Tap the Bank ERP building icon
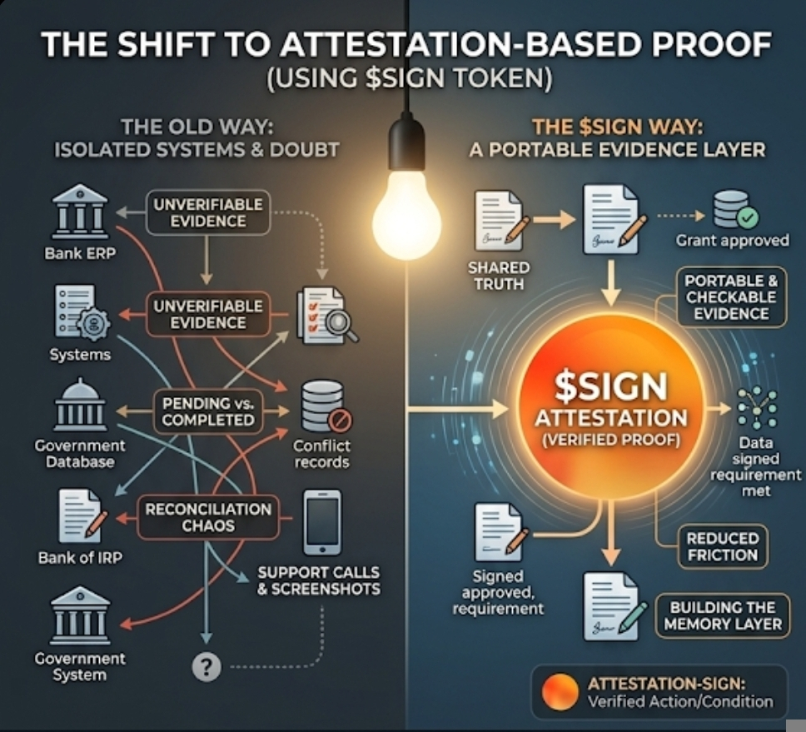coord(79,212)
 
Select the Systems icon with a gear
coord(79,312)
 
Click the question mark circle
coord(206,665)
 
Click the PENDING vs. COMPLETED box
coord(207,411)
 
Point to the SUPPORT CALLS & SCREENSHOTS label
coord(318,581)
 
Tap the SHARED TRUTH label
coord(499,276)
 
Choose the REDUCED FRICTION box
coord(722,546)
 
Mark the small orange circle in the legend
coord(558,692)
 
